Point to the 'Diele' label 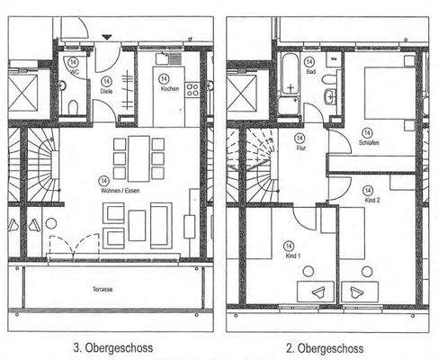(106, 90)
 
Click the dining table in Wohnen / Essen (139, 157)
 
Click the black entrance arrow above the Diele (108, 36)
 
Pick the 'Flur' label (299, 150)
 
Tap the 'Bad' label (310, 70)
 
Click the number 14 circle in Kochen (168, 77)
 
